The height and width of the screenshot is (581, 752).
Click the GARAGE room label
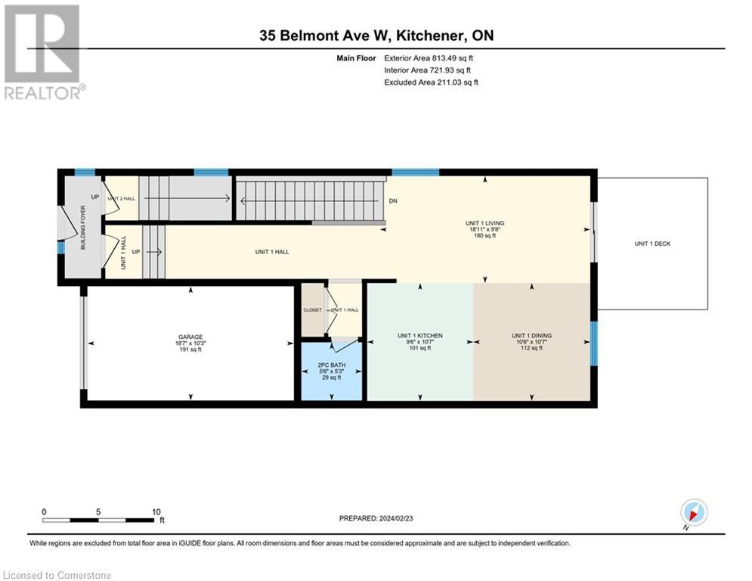tap(190, 337)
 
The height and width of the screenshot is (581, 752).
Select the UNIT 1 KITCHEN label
tap(420, 336)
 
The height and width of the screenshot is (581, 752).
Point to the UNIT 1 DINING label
tap(532, 336)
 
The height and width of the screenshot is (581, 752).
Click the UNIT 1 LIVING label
tap(484, 223)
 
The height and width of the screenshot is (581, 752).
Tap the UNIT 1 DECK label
tap(652, 244)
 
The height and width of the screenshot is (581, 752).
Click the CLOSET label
tap(312, 310)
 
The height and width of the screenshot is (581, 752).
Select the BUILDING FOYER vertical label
tap(84, 232)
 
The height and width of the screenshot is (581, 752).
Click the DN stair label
tap(393, 201)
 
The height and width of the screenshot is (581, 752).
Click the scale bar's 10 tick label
tap(156, 511)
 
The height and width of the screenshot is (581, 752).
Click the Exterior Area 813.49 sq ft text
tap(429, 57)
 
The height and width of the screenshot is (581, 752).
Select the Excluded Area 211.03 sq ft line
tap(431, 82)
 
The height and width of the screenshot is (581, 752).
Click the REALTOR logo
tap(42, 52)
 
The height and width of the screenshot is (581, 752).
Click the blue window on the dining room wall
tap(593, 343)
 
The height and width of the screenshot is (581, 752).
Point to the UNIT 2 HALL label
tap(120, 198)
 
